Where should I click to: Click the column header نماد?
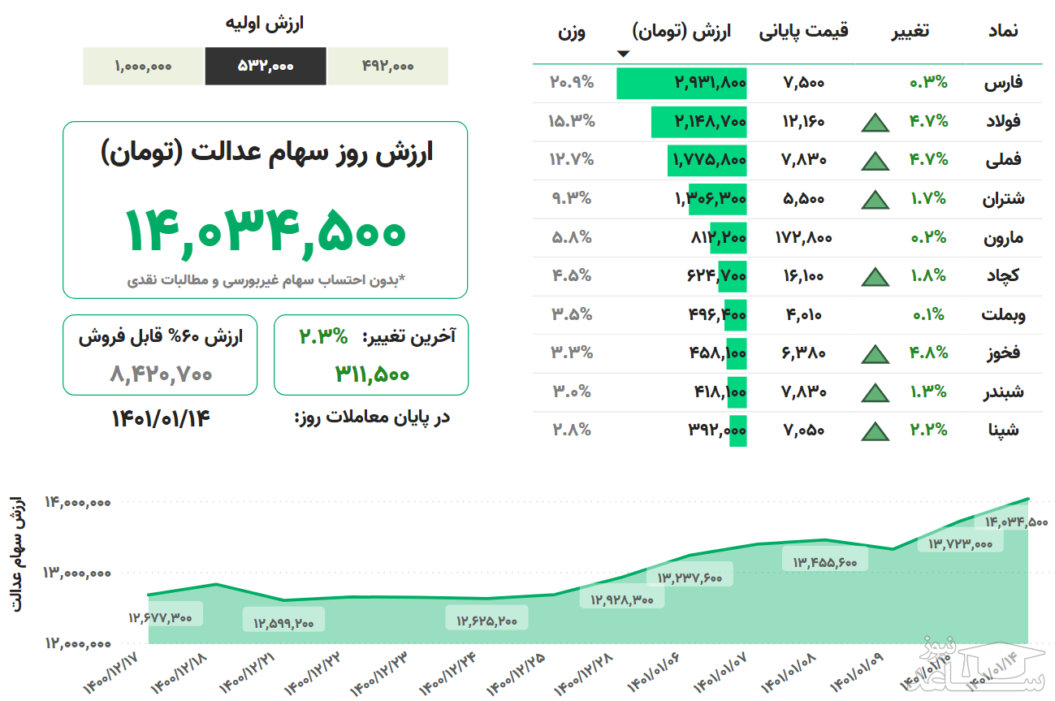tap(1001, 32)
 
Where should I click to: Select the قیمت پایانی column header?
tap(803, 32)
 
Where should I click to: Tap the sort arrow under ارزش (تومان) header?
tap(623, 54)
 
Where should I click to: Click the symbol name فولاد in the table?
tap(1003, 121)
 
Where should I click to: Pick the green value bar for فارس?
tap(681, 83)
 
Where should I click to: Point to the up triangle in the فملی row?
tap(875, 160)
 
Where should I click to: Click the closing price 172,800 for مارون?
tap(803, 237)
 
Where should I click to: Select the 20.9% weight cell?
tap(572, 82)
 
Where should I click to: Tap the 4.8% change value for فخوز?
tap(927, 353)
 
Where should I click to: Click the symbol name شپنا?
tap(1005, 430)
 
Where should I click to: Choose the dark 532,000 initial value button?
tap(266, 67)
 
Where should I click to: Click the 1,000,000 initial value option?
tap(144, 67)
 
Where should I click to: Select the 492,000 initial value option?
tap(387, 67)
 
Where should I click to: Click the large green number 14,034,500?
tap(265, 230)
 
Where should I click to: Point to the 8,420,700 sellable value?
tap(161, 374)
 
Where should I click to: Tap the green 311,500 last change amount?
tap(372, 374)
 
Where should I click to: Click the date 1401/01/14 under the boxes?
tap(161, 418)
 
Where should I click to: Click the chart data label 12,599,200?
tap(283, 623)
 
